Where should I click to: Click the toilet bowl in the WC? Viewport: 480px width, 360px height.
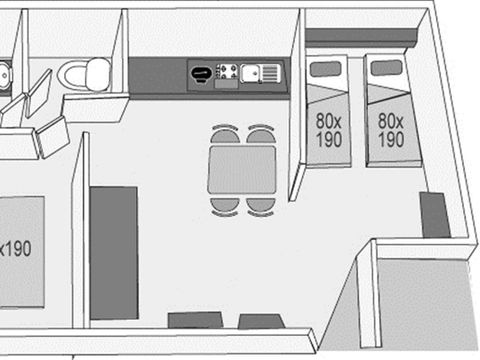pyautogui.click(x=72, y=75)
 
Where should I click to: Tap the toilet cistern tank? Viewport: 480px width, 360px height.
pyautogui.click(x=98, y=74)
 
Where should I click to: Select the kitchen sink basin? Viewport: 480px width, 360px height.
pyautogui.click(x=250, y=73)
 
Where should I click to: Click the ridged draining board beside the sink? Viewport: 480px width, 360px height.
pyautogui.click(x=269, y=73)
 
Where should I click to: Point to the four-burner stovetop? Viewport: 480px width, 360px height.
pyautogui.click(x=227, y=72)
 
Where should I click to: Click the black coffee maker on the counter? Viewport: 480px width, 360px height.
pyautogui.click(x=201, y=74)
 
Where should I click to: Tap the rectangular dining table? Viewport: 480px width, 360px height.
pyautogui.click(x=242, y=170)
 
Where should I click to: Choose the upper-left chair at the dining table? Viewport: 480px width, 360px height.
pyautogui.click(x=225, y=134)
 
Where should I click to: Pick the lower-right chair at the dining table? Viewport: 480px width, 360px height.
pyautogui.click(x=261, y=207)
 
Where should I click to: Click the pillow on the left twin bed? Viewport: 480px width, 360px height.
pyautogui.click(x=325, y=69)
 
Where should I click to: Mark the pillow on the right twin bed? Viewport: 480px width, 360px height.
pyautogui.click(x=387, y=68)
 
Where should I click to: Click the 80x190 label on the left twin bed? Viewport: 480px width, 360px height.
pyautogui.click(x=329, y=130)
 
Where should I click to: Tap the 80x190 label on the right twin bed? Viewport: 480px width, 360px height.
pyautogui.click(x=391, y=130)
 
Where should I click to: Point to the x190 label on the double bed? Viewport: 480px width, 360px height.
pyautogui.click(x=15, y=248)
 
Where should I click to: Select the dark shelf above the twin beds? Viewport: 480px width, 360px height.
pyautogui.click(x=362, y=36)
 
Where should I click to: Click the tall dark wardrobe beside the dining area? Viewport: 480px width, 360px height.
pyautogui.click(x=114, y=253)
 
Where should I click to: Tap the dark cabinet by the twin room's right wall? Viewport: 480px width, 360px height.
pyautogui.click(x=435, y=215)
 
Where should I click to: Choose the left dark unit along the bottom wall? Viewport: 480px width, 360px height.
pyautogui.click(x=195, y=320)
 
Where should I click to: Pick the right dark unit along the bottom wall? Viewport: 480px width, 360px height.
pyautogui.click(x=261, y=321)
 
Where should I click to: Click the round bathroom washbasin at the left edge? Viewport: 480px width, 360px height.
pyautogui.click(x=5, y=76)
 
